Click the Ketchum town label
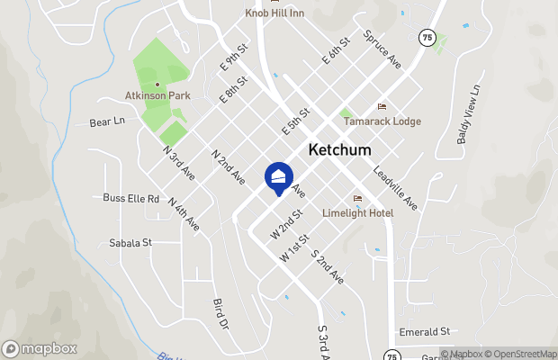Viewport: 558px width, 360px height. (x=339, y=150)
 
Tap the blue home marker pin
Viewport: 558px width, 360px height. (x=279, y=177)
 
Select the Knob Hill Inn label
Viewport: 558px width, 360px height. (x=275, y=13)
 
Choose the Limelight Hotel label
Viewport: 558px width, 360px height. (x=358, y=212)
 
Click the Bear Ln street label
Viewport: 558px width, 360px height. (x=106, y=121)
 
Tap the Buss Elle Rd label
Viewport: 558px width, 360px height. (x=130, y=198)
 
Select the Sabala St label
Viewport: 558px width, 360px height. (x=130, y=242)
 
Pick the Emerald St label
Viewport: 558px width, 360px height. (x=424, y=331)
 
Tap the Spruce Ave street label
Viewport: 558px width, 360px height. (x=382, y=50)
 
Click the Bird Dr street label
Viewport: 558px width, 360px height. (x=220, y=314)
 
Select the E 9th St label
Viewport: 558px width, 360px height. (x=233, y=60)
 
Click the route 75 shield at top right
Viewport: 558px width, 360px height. (x=427, y=37)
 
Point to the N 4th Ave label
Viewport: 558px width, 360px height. (x=183, y=217)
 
